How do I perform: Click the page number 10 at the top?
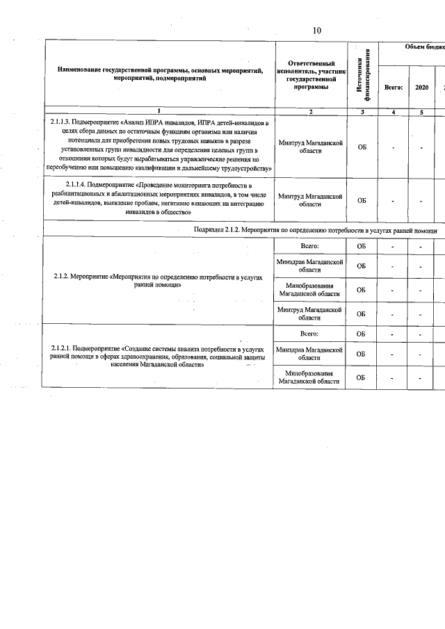point(317,30)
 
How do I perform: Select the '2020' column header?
point(421,88)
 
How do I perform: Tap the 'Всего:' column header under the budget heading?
point(394,88)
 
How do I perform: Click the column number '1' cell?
point(160,111)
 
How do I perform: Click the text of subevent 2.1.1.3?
point(160,145)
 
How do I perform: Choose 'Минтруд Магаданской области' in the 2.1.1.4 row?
point(311,200)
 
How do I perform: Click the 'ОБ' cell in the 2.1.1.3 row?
point(362,147)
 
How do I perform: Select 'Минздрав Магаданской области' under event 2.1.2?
point(311,266)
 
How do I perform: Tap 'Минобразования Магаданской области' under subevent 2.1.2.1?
point(311,377)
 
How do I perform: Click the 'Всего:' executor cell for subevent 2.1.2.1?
point(311,334)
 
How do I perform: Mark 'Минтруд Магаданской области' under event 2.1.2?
point(311,313)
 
